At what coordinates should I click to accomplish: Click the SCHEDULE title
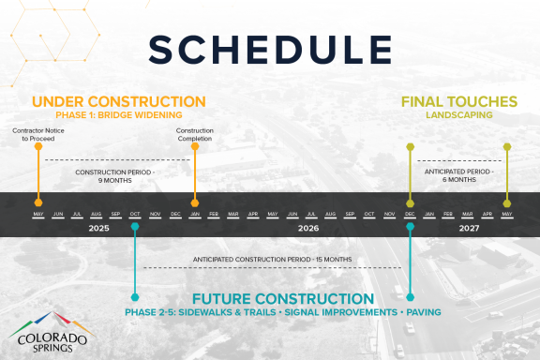click(270, 49)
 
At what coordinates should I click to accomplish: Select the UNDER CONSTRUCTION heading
click(118, 101)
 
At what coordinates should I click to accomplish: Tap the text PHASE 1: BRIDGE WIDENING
click(118, 114)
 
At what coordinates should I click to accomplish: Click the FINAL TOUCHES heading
click(458, 101)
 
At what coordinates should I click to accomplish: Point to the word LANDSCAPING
click(458, 114)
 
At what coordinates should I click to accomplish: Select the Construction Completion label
click(194, 134)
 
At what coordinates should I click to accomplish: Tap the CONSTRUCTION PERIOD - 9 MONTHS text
click(115, 177)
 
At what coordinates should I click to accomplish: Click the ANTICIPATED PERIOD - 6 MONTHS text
click(458, 177)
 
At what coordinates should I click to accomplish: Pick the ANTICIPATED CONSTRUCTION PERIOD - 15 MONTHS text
click(272, 259)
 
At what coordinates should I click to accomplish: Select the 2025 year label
click(98, 228)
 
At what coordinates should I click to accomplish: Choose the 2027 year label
click(469, 228)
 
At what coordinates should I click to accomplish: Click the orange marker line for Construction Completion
click(194, 173)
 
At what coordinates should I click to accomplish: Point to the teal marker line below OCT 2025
click(135, 262)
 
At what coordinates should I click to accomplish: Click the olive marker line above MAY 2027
click(507, 173)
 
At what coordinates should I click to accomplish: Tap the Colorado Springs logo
click(49, 331)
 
